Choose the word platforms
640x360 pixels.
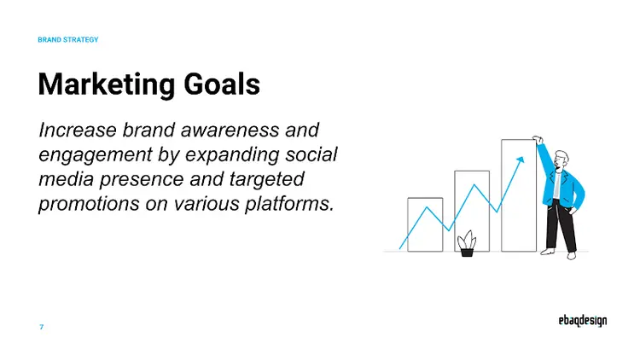286,206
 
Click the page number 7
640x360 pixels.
42,328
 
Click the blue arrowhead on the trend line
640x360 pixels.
517,160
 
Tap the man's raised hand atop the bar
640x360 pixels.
538,139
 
